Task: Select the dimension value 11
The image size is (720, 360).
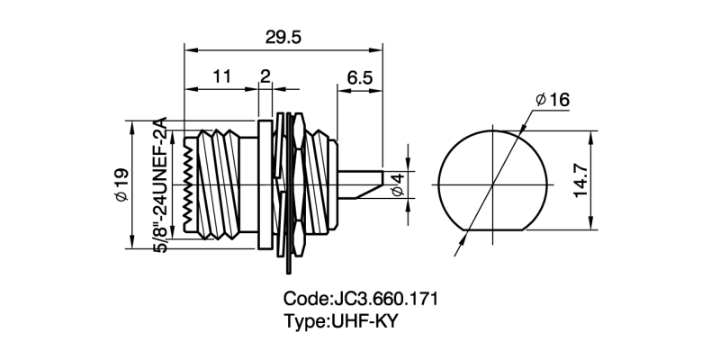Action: [220, 77]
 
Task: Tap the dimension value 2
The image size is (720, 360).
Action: [265, 76]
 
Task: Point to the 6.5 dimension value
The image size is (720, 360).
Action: [358, 77]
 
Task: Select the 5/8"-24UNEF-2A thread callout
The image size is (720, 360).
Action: [161, 184]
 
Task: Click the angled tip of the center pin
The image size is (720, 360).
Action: [369, 191]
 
